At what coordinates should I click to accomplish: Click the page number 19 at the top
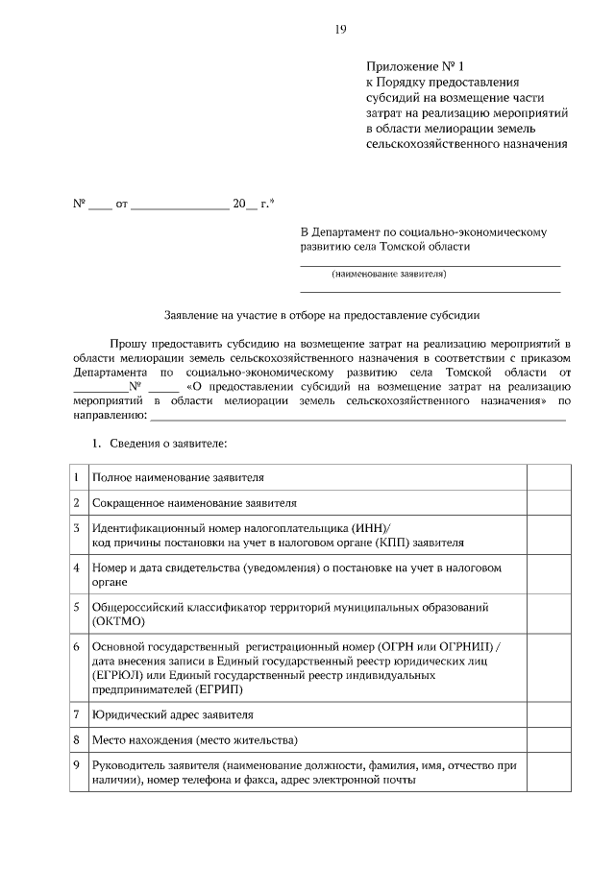point(340,30)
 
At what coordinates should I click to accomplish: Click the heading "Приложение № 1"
point(414,67)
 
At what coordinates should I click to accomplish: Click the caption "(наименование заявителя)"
point(389,275)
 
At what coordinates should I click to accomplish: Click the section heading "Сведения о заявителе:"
point(165,444)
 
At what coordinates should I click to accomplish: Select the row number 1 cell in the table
point(77,476)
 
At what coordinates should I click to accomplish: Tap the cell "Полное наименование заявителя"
point(178,477)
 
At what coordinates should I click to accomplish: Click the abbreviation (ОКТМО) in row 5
point(118,621)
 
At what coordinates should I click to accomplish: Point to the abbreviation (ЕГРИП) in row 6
point(217,688)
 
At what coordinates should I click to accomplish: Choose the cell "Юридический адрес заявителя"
point(173,715)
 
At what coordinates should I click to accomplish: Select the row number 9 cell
point(77,765)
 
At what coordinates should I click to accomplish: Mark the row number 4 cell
point(77,567)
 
